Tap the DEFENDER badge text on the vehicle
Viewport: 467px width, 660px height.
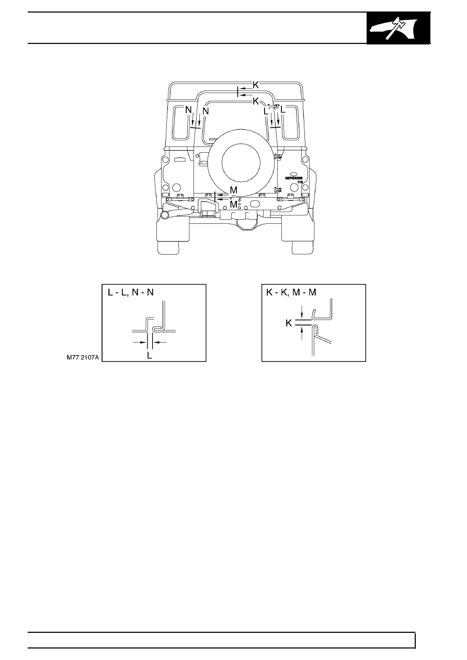(294, 178)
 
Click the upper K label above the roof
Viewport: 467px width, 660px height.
(256, 85)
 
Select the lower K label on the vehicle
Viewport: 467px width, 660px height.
(256, 101)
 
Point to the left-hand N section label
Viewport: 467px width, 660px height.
(188, 110)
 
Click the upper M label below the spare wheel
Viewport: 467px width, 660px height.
(233, 190)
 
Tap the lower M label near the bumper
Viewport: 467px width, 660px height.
(233, 204)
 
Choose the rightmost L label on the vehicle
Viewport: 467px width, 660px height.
(283, 110)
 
